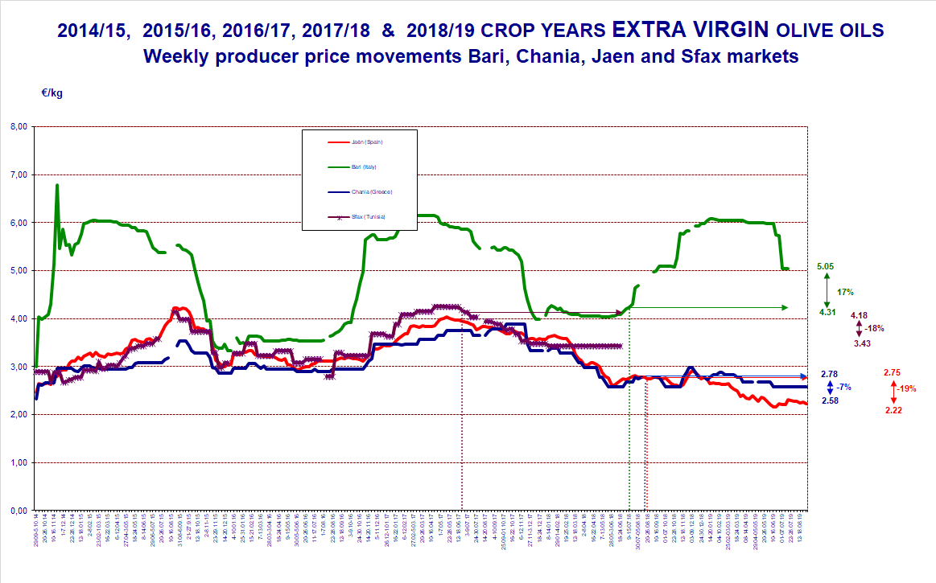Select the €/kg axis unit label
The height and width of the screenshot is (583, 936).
pyautogui.click(x=52, y=92)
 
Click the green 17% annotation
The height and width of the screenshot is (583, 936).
pyautogui.click(x=846, y=293)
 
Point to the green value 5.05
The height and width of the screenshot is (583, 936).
pyautogui.click(x=824, y=265)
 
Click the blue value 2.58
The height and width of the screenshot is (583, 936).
pyautogui.click(x=829, y=400)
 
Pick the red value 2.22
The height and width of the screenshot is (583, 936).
pyautogui.click(x=892, y=410)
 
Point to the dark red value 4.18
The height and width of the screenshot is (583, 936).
pyautogui.click(x=860, y=315)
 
